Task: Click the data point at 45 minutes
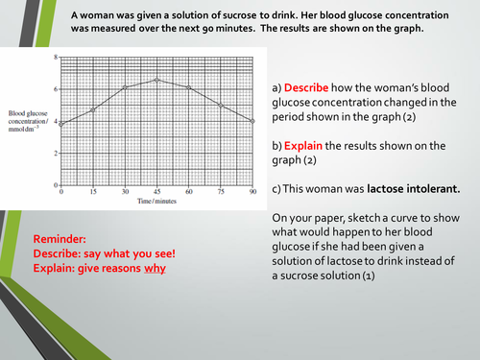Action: tap(156, 80)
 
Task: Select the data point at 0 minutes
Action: tap(61, 123)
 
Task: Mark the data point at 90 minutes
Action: tap(252, 121)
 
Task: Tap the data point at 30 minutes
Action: tap(125, 87)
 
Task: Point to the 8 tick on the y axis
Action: tap(55, 58)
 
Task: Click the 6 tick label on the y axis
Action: tap(55, 89)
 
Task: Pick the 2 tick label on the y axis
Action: tap(55, 154)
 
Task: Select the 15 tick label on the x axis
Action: tap(93, 193)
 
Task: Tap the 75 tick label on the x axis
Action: tap(221, 193)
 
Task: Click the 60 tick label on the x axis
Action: tap(188, 193)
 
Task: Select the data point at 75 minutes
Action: tap(221, 105)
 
